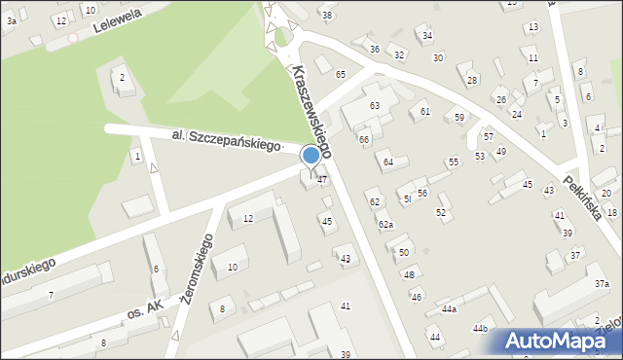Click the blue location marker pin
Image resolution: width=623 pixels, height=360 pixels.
point(311,156)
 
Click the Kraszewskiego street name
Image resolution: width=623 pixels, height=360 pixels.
point(311,112)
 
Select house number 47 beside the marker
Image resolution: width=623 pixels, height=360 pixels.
point(321,181)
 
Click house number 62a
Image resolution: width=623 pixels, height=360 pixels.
point(386,225)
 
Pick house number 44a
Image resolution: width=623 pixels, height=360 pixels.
point(449,308)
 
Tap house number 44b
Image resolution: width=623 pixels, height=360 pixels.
point(480,329)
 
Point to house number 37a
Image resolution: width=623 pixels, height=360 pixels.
point(602,283)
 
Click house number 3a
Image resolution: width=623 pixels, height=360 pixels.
point(11,19)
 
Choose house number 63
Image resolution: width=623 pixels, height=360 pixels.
point(374,105)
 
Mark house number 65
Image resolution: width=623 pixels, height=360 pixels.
point(341,75)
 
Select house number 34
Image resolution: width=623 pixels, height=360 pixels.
point(426,36)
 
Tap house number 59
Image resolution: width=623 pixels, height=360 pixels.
point(459,118)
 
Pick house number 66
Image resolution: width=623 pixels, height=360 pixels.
point(364,140)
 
